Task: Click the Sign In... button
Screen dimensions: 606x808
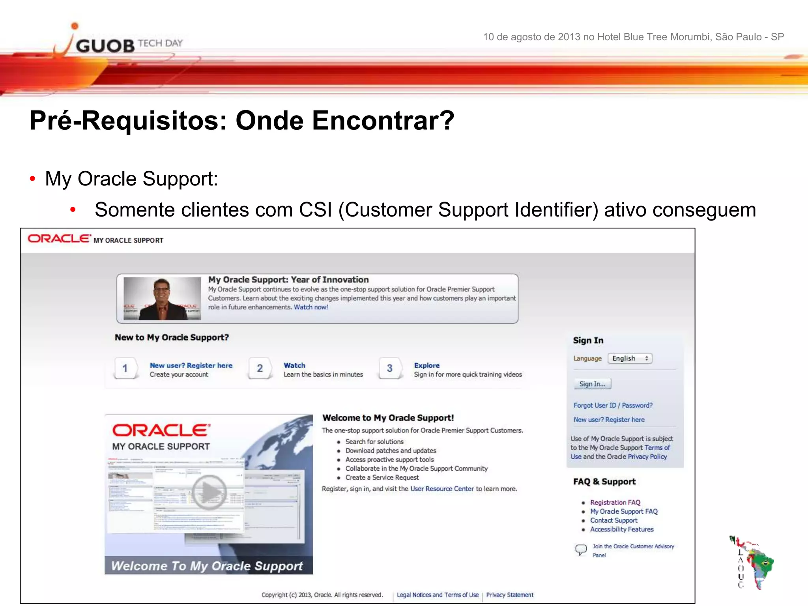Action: coord(592,384)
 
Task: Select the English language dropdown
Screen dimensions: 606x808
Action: coord(630,358)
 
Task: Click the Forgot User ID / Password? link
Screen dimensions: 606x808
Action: coord(613,405)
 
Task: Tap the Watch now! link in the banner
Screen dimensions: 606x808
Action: coord(310,307)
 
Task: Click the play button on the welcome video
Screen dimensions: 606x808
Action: coord(209,492)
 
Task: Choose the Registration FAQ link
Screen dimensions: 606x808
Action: coord(615,502)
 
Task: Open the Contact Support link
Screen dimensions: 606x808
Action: coord(613,520)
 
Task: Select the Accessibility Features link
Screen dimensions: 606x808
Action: coord(622,529)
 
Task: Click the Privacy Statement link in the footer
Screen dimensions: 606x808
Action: coord(509,595)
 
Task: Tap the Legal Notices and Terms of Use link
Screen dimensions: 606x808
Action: coord(438,595)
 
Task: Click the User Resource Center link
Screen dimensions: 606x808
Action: coord(442,489)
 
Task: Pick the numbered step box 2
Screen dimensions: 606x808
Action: coord(260,368)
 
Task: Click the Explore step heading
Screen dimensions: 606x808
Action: coord(426,365)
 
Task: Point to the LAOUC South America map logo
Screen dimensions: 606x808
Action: coord(752,562)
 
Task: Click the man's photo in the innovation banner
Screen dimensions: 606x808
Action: coord(162,298)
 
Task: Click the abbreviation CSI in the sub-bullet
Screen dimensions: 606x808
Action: coord(315,210)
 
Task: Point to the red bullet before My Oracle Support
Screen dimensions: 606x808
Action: coord(32,179)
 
